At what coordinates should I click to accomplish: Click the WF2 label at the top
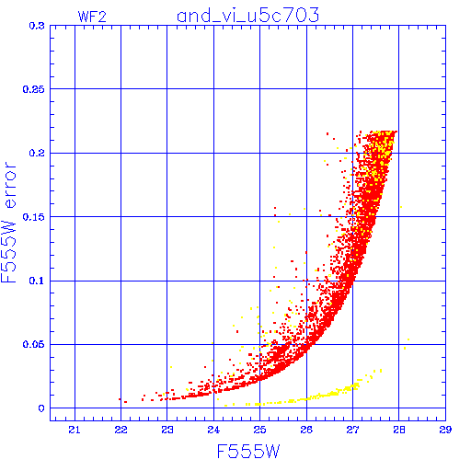point(92,17)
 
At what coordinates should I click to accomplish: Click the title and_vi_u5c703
point(248,16)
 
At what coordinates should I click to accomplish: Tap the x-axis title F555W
point(248,451)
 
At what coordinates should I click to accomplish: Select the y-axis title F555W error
point(8,223)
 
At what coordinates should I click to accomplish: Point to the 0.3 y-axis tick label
point(37,26)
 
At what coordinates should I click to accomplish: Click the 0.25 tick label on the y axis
point(34,89)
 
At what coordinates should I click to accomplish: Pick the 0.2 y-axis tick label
point(37,153)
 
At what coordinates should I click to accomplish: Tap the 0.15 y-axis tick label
point(34,217)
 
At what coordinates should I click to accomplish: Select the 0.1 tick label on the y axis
point(37,281)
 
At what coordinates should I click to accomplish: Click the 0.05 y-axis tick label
point(34,344)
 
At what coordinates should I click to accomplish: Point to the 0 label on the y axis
point(41,408)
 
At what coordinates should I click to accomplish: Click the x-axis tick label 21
point(75,430)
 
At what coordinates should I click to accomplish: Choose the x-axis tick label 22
point(121,430)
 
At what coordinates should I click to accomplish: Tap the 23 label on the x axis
point(167,430)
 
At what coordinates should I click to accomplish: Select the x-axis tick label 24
point(213,430)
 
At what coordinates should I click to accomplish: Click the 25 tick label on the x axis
point(259,430)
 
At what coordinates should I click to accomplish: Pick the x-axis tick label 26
point(306,430)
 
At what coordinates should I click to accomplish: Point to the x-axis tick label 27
point(352,430)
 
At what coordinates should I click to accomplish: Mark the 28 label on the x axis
point(399,430)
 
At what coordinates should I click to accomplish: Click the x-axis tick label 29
point(445,430)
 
